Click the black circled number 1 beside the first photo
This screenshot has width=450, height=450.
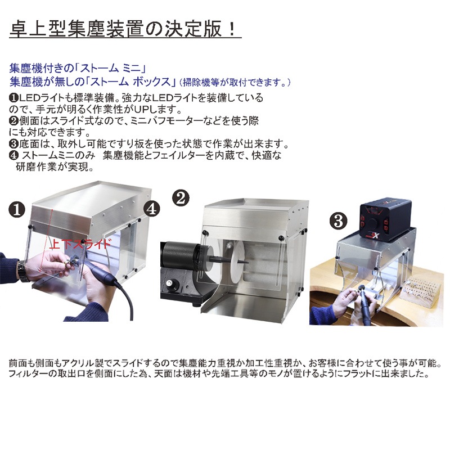[x=17, y=209]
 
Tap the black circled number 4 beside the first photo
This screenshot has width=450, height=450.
[x=151, y=208]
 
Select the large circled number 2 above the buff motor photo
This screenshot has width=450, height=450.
[x=181, y=198]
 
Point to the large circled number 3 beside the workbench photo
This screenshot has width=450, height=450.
[x=339, y=221]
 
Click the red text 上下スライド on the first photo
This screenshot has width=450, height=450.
[x=80, y=244]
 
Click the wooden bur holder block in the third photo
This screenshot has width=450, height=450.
[x=419, y=290]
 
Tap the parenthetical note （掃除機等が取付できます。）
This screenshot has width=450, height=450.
[x=234, y=82]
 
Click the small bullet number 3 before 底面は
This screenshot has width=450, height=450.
[x=13, y=143]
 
